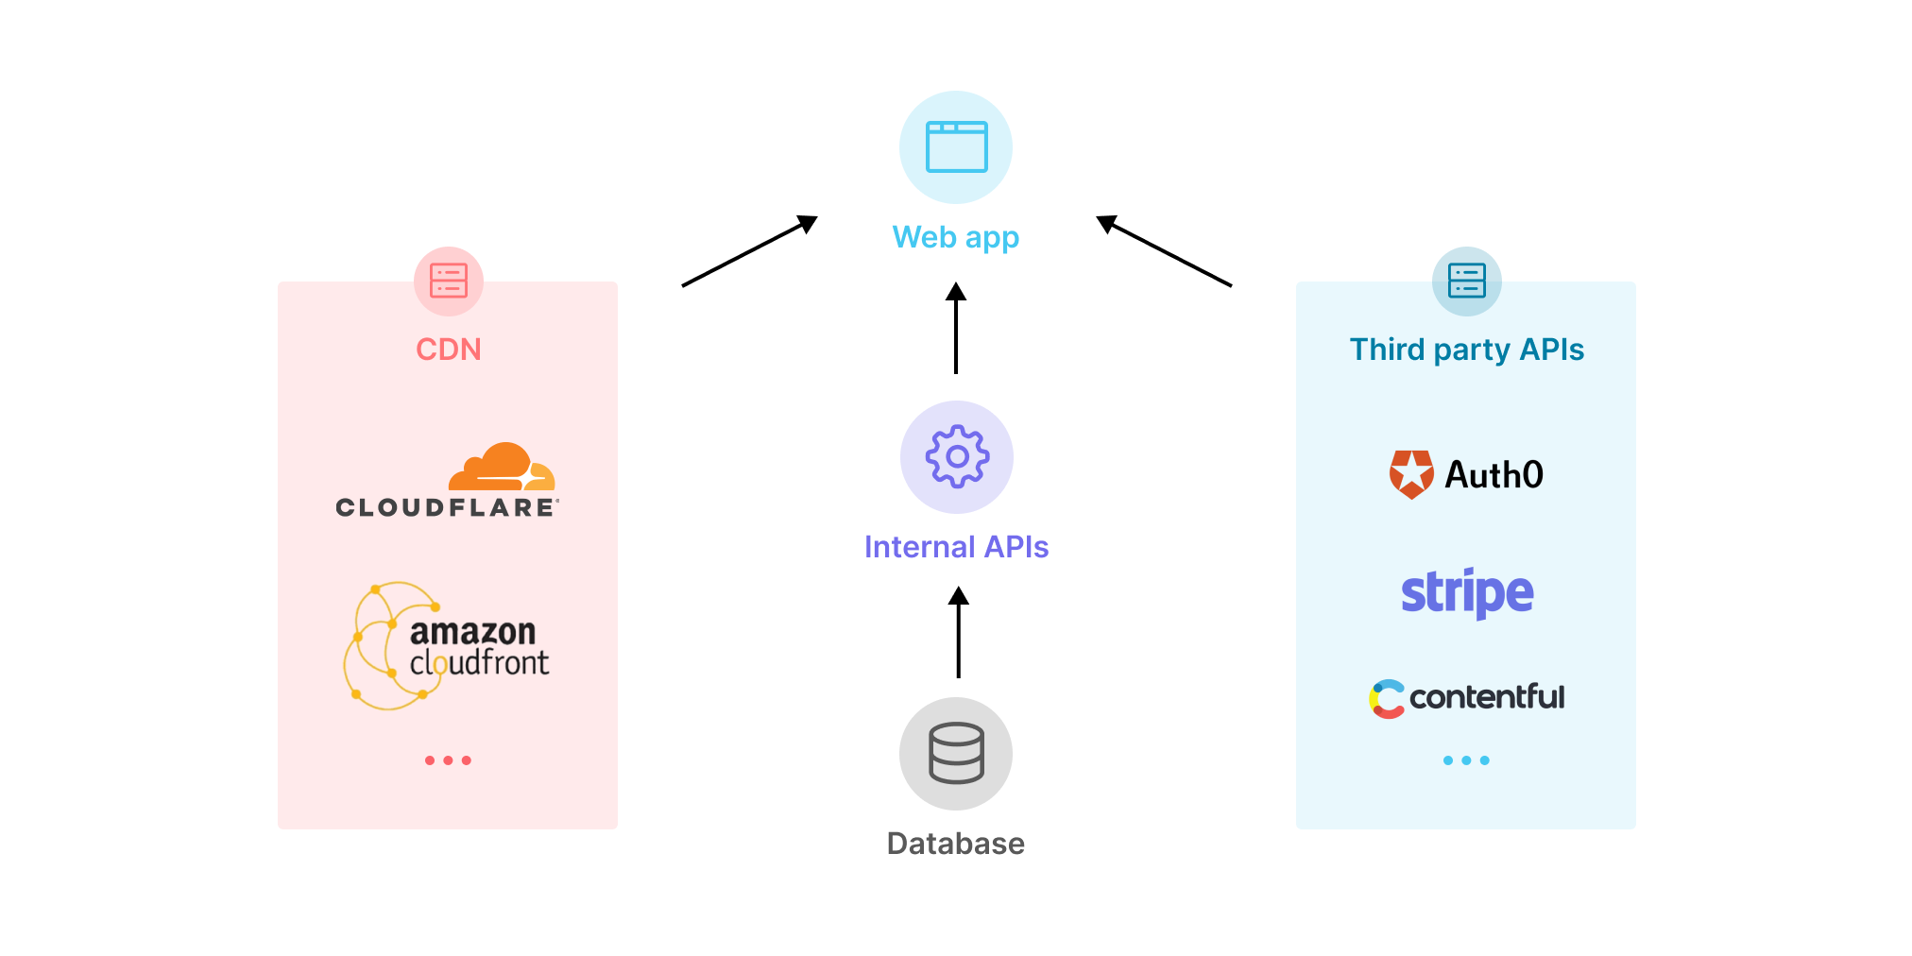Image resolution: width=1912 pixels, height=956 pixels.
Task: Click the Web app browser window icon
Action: point(956,147)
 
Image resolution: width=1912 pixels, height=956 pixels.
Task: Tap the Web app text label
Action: point(956,237)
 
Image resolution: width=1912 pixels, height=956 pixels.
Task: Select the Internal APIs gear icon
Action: point(957,457)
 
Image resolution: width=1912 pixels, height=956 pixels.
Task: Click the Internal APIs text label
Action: point(956,547)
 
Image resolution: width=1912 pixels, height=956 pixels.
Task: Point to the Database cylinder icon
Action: point(956,753)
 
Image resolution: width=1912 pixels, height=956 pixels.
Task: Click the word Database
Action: point(956,844)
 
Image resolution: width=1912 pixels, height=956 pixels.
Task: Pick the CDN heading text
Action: point(449,350)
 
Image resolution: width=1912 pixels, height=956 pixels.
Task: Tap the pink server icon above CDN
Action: point(449,281)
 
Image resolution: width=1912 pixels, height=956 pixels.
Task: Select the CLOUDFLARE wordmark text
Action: point(447,508)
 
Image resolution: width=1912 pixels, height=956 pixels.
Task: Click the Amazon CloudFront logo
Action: point(447,646)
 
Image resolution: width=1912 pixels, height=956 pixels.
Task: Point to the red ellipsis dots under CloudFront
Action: point(448,760)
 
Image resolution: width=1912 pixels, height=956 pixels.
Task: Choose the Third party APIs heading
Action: point(1466,350)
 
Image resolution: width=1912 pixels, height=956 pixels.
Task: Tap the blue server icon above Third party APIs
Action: point(1466,281)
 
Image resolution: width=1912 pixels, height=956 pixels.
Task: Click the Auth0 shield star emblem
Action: point(1411,474)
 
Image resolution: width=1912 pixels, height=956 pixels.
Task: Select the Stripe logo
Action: point(1466,593)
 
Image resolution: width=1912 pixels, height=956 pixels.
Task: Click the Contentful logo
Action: point(1466,698)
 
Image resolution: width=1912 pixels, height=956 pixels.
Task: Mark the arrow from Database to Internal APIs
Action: point(958,633)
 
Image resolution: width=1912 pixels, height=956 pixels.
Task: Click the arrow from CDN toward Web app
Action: point(749,251)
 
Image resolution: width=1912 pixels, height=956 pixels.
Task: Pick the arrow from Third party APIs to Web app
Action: point(1164,251)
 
